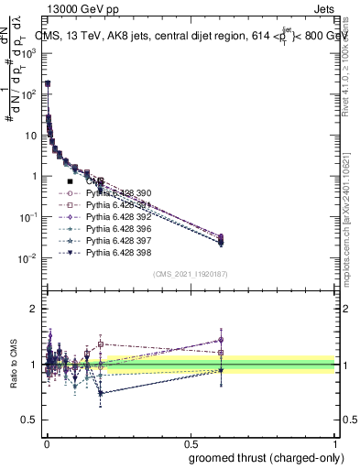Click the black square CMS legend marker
click(71, 182)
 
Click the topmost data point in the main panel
click(48, 83)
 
